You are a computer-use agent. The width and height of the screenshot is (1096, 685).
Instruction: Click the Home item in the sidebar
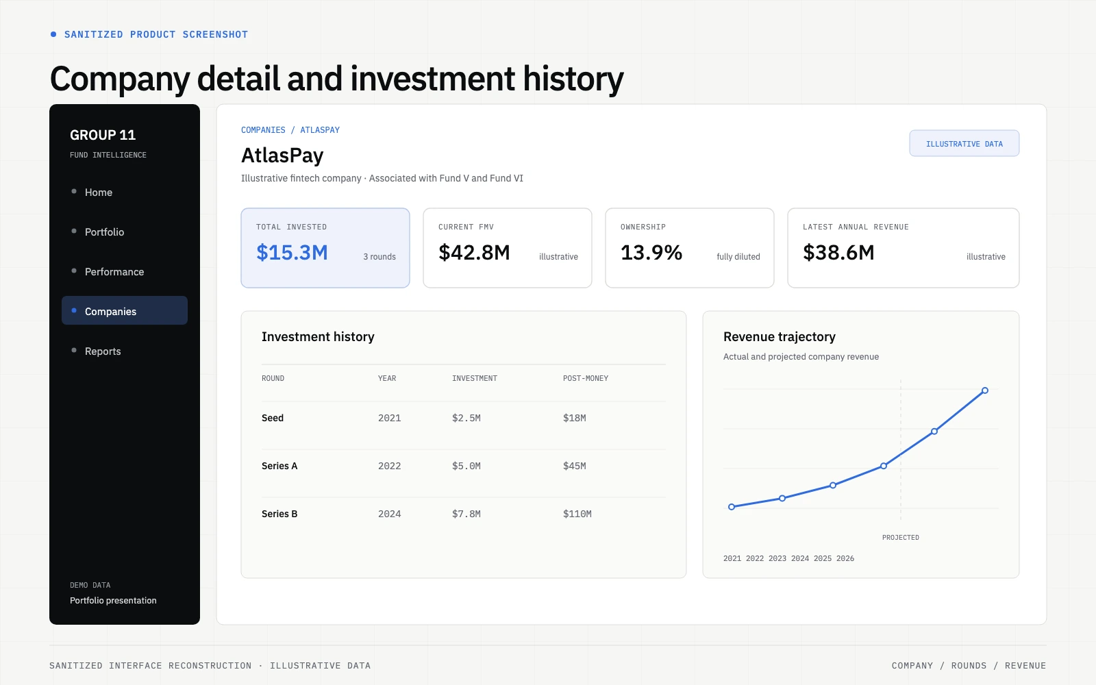point(99,192)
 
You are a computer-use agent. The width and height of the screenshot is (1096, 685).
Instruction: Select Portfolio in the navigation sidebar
point(104,232)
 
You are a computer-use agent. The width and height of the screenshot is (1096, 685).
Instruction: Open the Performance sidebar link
point(114,271)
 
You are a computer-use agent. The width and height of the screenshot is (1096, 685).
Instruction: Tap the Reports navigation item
point(102,351)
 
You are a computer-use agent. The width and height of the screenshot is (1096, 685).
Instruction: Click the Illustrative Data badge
point(964,143)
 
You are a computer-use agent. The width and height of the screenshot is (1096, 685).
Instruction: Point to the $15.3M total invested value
point(292,253)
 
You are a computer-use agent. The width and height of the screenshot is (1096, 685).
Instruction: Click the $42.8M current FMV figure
point(474,253)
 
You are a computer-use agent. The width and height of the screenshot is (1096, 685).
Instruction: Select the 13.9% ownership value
point(651,253)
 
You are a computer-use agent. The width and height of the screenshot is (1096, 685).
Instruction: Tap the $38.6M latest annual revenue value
point(838,253)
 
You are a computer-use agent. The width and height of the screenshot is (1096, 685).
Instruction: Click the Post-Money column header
point(585,378)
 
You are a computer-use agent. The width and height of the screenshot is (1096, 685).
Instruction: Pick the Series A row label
point(279,466)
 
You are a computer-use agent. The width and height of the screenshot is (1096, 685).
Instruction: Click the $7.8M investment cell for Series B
point(466,514)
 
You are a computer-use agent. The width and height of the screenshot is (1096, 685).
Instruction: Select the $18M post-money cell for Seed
point(575,418)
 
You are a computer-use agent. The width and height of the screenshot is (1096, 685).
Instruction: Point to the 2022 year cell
point(390,466)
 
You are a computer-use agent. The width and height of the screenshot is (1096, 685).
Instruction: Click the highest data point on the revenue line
point(985,390)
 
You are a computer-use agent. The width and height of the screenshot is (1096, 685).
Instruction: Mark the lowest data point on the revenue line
point(732,507)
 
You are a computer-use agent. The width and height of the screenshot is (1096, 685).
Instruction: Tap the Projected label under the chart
point(900,537)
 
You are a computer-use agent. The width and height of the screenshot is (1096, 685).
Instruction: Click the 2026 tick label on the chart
point(845,558)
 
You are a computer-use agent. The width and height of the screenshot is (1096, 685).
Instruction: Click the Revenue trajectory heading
point(780,336)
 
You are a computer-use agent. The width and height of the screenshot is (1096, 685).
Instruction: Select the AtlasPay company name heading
point(282,155)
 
